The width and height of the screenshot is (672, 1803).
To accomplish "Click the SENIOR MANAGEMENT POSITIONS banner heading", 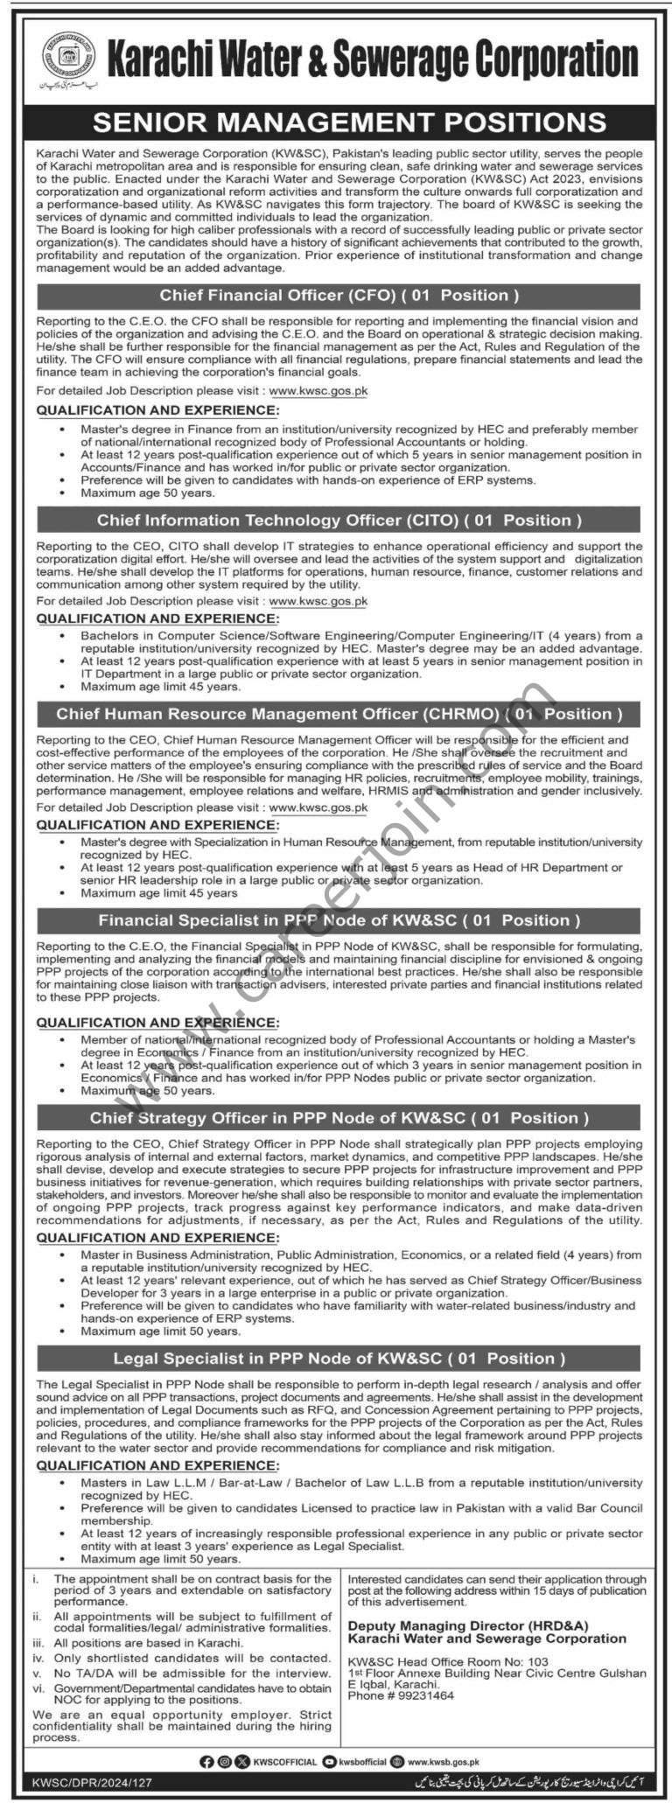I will coord(336,122).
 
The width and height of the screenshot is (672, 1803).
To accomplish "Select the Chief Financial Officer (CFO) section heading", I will coord(338,295).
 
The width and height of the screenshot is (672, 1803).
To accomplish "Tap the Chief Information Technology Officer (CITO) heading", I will coord(339,520).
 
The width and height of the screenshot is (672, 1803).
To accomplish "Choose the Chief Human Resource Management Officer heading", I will coord(339,714).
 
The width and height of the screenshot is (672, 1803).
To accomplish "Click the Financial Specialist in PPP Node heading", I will coord(339,920).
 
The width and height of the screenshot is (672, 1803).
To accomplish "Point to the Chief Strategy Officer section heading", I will coord(339,1118).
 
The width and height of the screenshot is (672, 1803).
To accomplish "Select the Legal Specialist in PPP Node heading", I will coord(339,1359).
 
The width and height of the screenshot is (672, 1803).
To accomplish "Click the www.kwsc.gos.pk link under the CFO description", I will coord(318,391).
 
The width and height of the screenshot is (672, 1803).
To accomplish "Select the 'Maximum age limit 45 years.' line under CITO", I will coord(160,687).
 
